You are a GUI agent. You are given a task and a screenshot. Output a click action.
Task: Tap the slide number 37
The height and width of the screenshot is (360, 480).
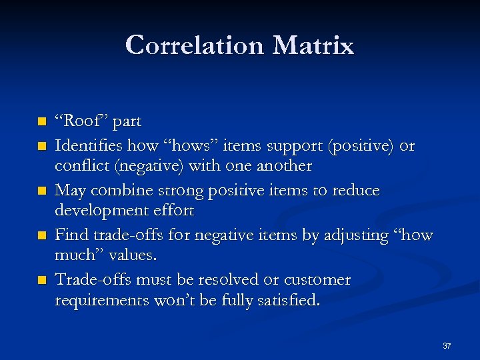click(447, 346)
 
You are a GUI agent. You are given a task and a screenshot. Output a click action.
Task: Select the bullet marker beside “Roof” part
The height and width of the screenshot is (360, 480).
click(42, 123)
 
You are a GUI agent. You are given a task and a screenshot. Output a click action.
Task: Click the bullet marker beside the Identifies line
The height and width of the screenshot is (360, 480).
click(42, 145)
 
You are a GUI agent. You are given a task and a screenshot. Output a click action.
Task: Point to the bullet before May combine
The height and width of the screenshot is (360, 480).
click(42, 191)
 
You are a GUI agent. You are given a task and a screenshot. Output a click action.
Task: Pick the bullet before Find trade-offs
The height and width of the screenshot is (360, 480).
click(42, 236)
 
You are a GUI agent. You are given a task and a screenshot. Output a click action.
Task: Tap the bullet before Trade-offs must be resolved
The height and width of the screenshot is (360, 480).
click(42, 281)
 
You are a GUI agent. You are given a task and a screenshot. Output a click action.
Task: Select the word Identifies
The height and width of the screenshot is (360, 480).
click(87, 145)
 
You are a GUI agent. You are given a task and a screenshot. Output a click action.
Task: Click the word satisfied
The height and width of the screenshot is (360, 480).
click(291, 301)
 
